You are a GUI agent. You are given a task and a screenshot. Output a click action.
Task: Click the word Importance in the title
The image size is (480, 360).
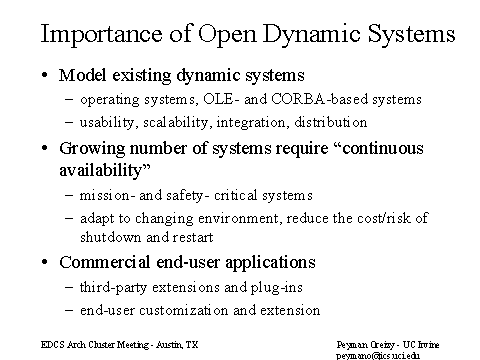tap(102, 34)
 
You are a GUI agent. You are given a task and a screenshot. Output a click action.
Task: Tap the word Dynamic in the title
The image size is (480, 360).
tap(312, 34)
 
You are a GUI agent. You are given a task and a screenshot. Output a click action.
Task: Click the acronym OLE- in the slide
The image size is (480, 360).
tap(221, 99)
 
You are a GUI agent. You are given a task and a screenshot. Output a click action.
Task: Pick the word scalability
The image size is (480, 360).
tap(177, 123)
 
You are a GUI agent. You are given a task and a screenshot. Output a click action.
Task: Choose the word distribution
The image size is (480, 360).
tap(331, 122)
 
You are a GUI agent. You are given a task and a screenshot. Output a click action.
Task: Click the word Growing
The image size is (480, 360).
tap(92, 149)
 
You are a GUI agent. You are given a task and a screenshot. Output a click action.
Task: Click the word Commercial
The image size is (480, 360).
tap(104, 262)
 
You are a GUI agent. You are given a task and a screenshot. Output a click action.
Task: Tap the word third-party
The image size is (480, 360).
tap(113, 288)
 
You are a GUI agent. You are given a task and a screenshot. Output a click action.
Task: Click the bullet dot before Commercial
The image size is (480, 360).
tap(45, 262)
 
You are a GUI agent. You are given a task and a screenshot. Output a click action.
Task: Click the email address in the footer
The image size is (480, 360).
tap(378, 356)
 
